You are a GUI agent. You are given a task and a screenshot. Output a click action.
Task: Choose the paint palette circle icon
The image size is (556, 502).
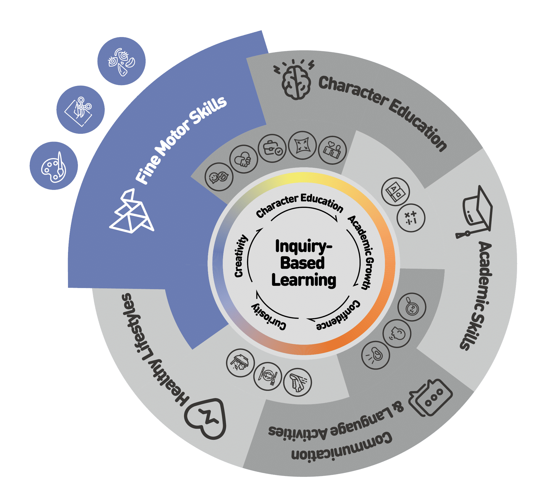[54, 166]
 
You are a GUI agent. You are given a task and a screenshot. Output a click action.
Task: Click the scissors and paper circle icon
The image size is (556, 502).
[80, 110]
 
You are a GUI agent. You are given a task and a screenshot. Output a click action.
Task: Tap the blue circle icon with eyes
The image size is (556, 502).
[122, 61]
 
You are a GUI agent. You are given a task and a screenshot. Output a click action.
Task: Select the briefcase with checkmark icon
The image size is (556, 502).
[272, 148]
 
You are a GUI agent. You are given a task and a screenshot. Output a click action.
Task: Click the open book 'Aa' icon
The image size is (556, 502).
[395, 192]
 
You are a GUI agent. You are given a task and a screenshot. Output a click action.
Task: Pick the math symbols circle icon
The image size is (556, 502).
[411, 218]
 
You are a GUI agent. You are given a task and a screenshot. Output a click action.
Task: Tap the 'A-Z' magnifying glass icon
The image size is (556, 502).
[412, 307]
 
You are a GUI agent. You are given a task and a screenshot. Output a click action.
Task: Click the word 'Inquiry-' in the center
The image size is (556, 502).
[303, 246]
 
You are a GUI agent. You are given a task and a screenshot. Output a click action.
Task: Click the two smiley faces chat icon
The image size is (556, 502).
[219, 177]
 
